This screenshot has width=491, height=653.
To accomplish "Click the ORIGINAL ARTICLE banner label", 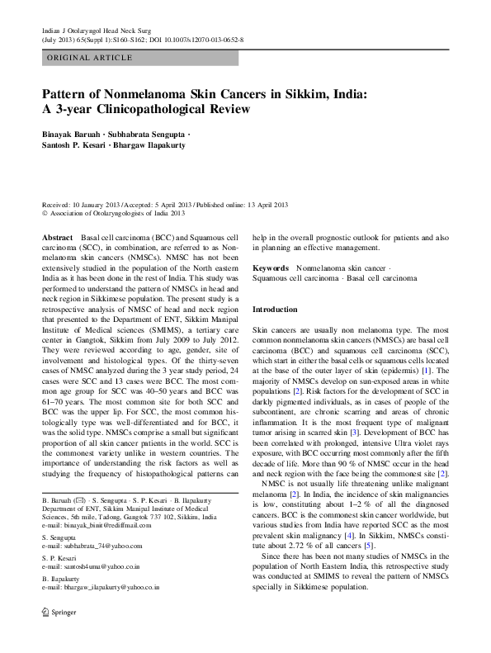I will click(x=90, y=58).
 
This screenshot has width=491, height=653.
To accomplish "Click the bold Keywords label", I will click(x=271, y=268).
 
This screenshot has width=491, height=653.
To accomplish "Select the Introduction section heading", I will click(x=275, y=309).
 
